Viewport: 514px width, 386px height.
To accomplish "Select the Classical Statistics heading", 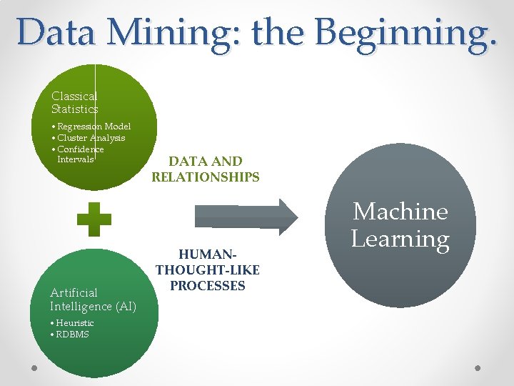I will (74, 102).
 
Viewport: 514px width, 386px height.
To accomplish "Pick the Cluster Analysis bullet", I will (91, 138).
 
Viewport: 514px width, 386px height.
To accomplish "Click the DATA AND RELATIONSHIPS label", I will (206, 169).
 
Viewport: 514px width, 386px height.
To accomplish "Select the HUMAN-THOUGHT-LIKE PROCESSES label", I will (208, 270).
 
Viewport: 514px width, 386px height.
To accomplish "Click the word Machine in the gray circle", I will (400, 212).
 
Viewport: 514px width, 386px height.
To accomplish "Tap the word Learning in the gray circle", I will (400, 239).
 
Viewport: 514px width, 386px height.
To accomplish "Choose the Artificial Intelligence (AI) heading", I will (93, 300).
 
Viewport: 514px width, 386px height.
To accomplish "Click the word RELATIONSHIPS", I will (206, 177).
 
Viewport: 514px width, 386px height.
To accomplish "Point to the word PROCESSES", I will (208, 286).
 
